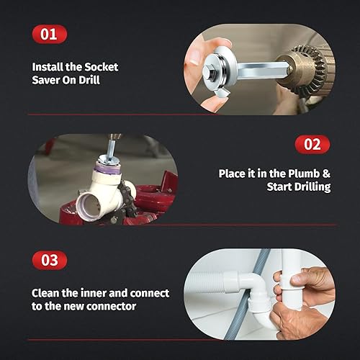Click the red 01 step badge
coord(49,34)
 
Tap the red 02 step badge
coord(312,144)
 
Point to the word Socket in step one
coord(100,66)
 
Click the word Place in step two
coord(233,174)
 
